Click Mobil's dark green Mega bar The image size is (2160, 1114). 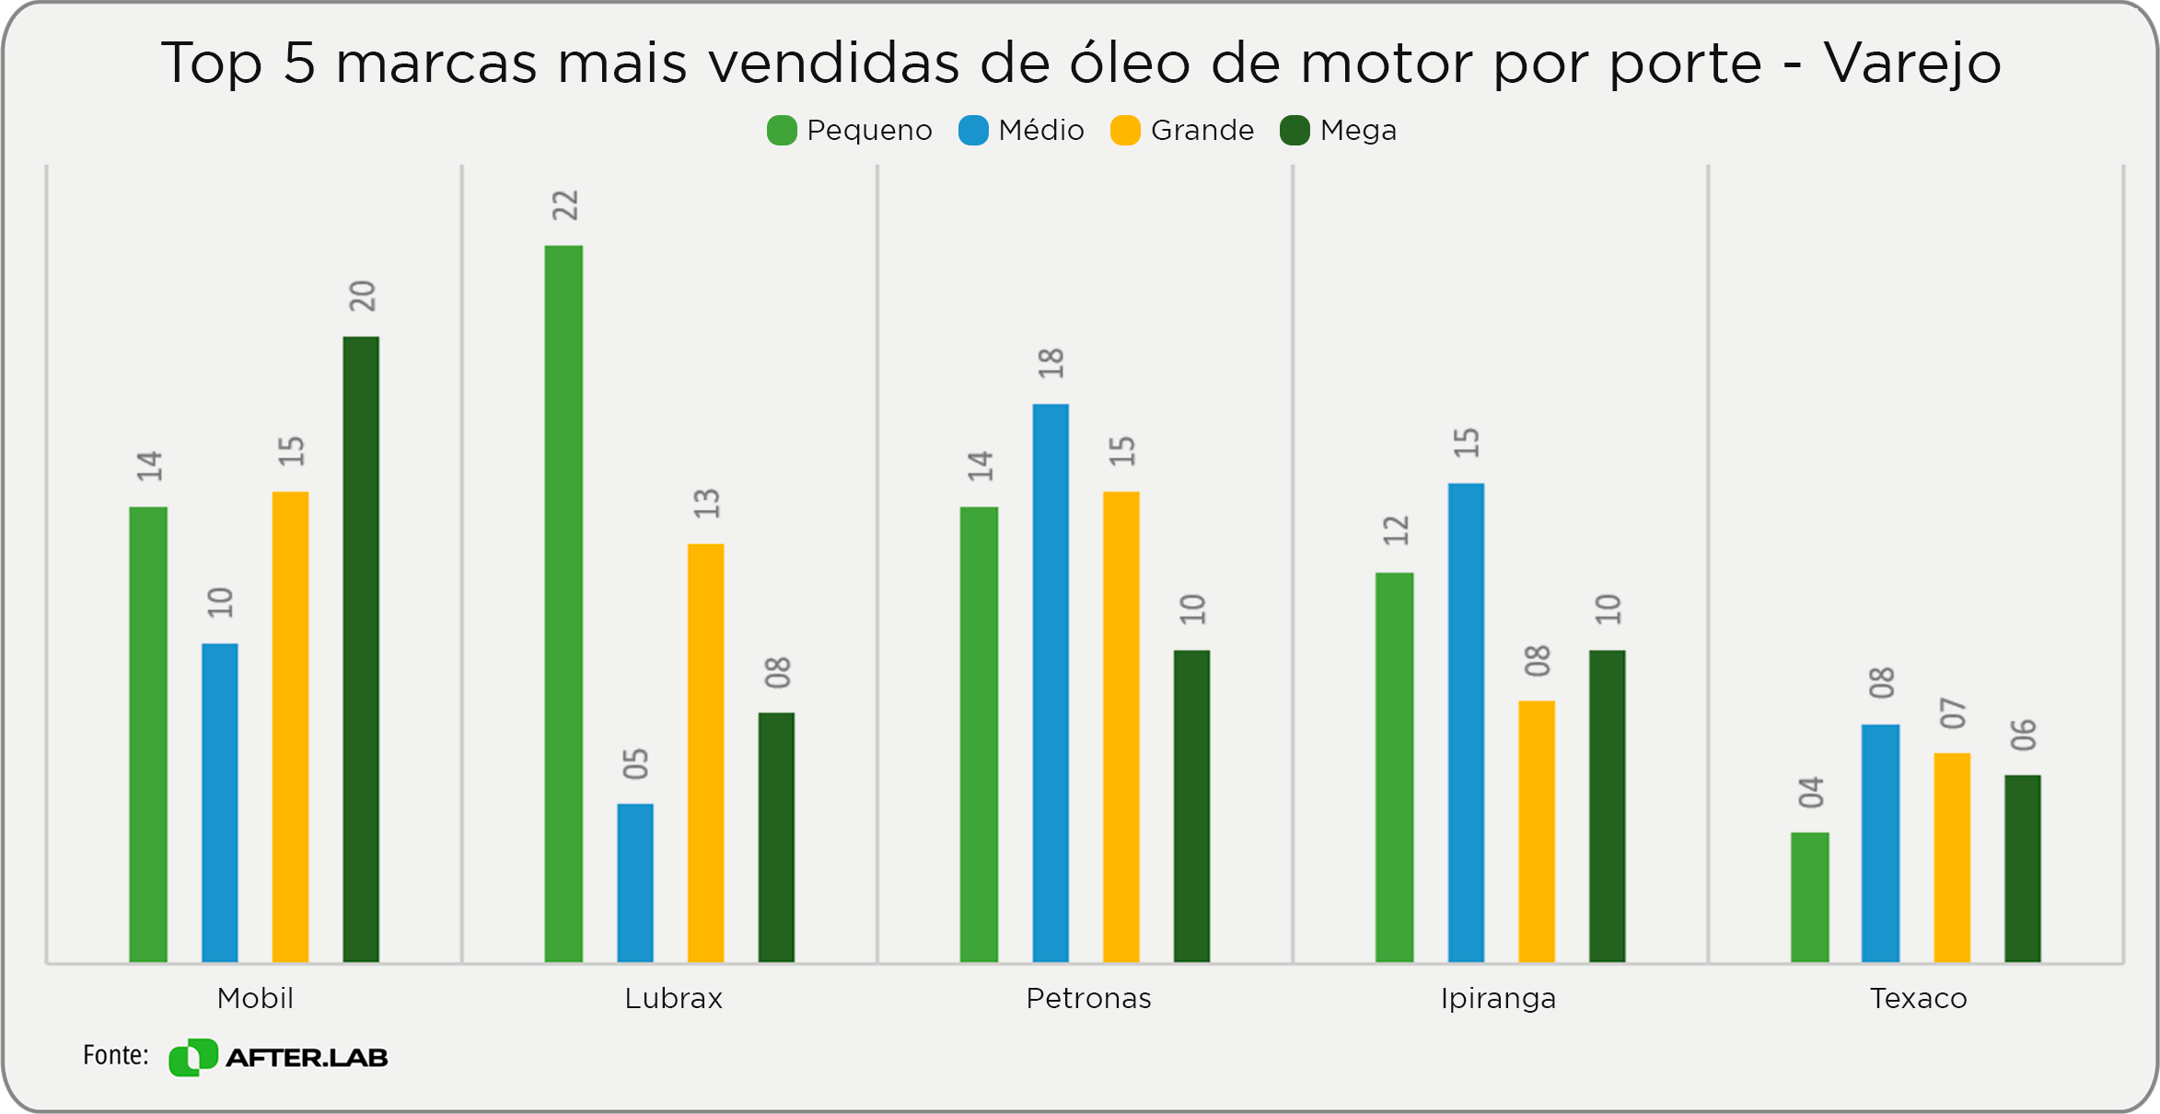tap(361, 649)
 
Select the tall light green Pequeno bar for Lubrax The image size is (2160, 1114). tap(563, 603)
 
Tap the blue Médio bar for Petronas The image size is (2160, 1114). tap(1051, 682)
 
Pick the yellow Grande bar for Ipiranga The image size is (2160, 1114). tap(1537, 830)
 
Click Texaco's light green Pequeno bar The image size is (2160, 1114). tap(1810, 897)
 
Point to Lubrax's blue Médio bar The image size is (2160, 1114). tap(635, 882)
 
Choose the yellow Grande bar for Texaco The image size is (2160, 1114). tap(1952, 857)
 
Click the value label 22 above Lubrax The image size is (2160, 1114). tap(565, 205)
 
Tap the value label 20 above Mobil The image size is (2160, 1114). tap(363, 296)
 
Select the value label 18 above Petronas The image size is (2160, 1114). tap(1051, 364)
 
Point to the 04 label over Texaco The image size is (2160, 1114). tap(1811, 793)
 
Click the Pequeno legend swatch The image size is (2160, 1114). tap(782, 131)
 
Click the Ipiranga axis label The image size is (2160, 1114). tap(1498, 998)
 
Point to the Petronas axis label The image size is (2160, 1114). tap(1088, 998)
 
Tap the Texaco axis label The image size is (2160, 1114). tap(1918, 998)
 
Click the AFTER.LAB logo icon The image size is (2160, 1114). tap(193, 1057)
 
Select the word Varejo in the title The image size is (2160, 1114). tap(1912, 64)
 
